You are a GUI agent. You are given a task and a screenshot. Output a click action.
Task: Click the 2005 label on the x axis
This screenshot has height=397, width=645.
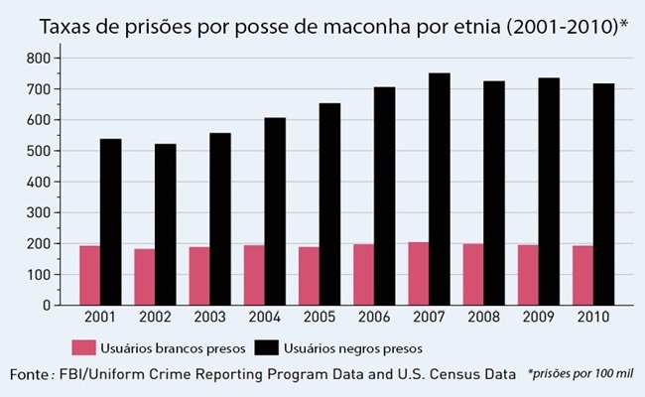tap(319, 319)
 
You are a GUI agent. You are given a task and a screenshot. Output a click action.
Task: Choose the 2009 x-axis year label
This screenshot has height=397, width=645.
tap(537, 319)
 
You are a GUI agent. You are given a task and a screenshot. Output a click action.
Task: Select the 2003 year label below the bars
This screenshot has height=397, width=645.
tap(209, 319)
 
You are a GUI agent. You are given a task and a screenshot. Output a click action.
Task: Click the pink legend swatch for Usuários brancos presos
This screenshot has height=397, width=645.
tap(82, 348)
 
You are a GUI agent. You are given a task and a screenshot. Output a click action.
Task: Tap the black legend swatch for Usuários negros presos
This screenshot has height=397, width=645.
tap(266, 348)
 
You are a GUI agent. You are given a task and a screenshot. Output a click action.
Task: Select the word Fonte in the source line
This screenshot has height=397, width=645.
tap(33, 374)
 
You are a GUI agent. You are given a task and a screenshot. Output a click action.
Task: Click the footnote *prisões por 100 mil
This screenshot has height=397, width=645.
tap(580, 373)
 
